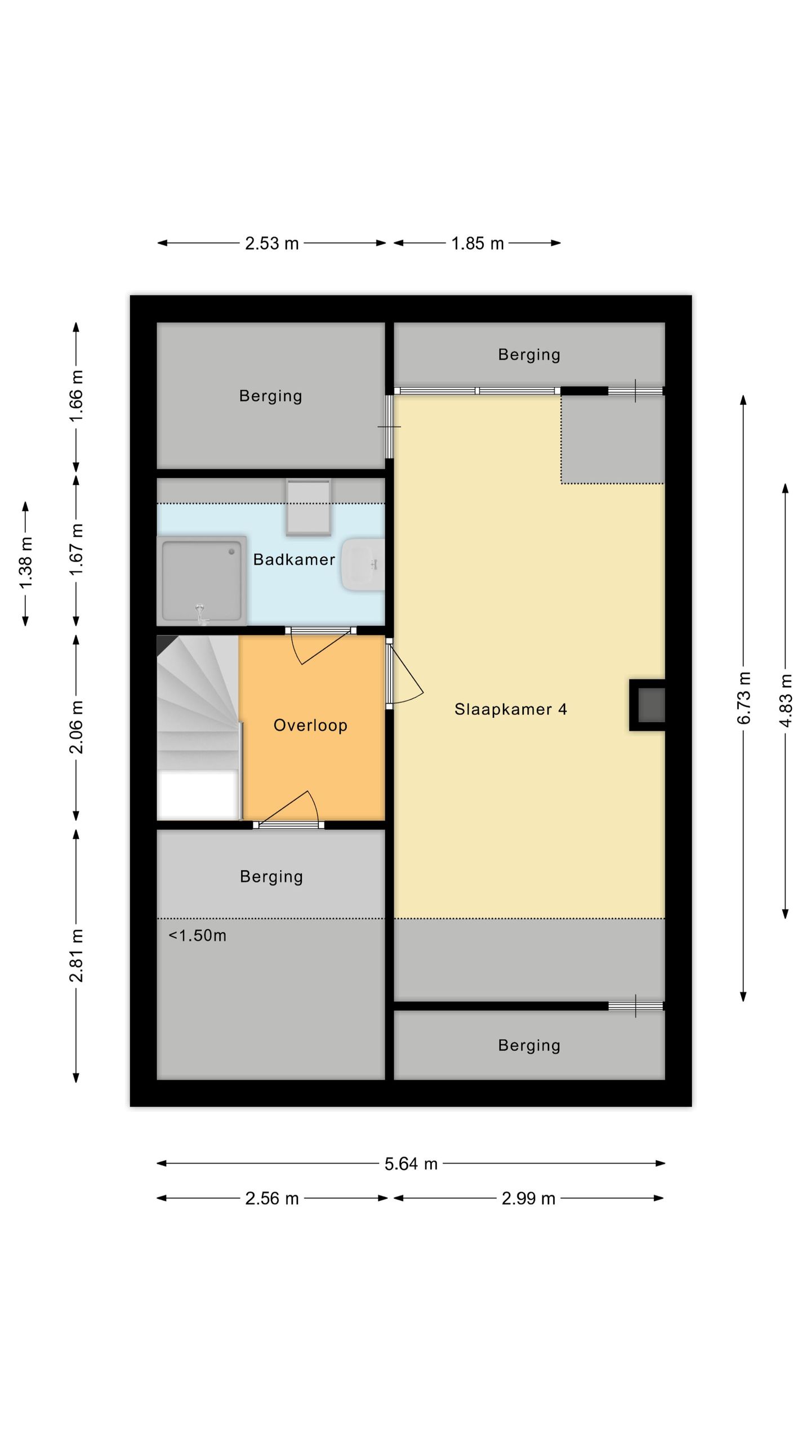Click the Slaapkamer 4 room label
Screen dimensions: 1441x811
[x=510, y=709]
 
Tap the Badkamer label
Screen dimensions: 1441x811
[x=294, y=560]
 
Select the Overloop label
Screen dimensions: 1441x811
[x=310, y=725]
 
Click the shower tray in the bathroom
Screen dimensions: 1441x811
[x=202, y=580]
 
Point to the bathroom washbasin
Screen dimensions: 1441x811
[x=363, y=564]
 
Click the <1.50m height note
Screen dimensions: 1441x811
[x=197, y=936]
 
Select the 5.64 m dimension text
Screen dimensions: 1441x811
[x=411, y=1163]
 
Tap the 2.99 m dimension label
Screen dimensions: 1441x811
[x=528, y=1198]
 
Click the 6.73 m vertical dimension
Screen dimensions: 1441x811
[x=743, y=698]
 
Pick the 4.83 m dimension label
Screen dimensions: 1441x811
[x=786, y=700]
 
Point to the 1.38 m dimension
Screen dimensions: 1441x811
[x=26, y=563]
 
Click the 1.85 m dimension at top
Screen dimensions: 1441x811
[x=477, y=243]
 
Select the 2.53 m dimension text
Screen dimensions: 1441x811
[x=271, y=243]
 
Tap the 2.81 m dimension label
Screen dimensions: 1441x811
[x=76, y=956]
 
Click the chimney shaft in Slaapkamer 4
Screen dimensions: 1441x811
[x=650, y=705]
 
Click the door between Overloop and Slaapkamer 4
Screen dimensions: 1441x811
[x=403, y=674]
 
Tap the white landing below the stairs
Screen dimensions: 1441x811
[x=197, y=795]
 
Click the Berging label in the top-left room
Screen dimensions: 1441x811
[x=270, y=396]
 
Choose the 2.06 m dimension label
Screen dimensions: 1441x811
[x=76, y=727]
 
